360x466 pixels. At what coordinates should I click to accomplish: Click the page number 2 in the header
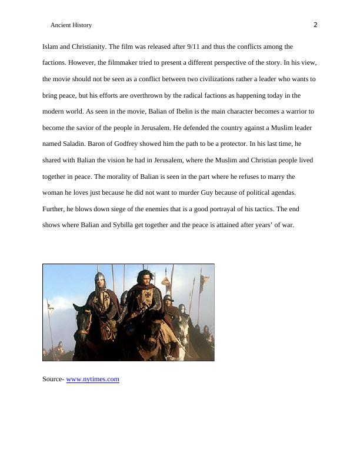point(315,25)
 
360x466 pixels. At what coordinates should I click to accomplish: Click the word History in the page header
point(81,25)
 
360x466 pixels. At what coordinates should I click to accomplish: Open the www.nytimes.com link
point(93,380)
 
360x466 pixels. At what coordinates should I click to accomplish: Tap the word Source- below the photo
point(53,380)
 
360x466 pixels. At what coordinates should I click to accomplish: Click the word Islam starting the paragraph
point(49,46)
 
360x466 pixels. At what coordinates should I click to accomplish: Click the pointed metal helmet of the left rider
point(100,276)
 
